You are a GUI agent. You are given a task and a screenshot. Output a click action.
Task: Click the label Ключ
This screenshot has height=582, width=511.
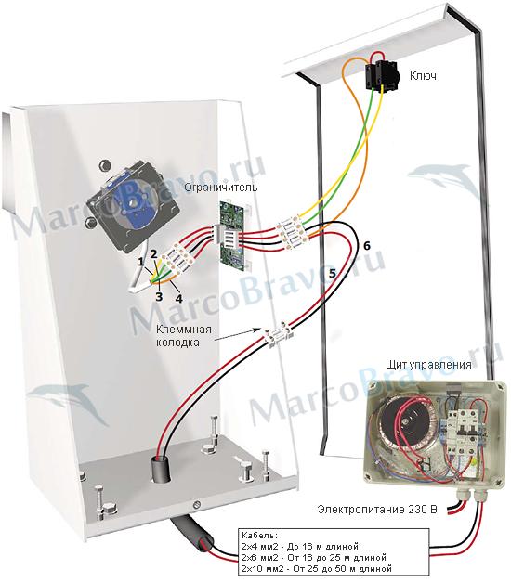tap(423, 76)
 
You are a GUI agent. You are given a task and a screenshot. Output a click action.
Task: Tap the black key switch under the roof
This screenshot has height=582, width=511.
tap(382, 74)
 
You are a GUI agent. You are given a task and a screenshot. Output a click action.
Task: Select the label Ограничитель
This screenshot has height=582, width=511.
tap(221, 188)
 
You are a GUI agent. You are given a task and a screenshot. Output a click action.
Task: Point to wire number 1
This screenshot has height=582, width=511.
tap(140, 263)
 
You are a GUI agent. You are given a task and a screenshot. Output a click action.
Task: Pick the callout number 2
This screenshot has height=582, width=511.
tap(153, 254)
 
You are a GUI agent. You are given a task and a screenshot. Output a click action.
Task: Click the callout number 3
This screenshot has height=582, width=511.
tap(159, 296)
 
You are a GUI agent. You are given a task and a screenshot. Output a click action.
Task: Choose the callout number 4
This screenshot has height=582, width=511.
tap(179, 298)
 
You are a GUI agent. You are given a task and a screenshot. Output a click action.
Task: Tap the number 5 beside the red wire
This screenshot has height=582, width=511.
tap(332, 274)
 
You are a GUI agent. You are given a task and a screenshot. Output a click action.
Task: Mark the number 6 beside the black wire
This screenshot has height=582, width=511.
tap(366, 246)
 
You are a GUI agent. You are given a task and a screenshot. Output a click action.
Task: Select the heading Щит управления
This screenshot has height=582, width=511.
tap(428, 365)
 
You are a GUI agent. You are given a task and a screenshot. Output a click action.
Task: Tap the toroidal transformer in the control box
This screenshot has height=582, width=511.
tap(405, 423)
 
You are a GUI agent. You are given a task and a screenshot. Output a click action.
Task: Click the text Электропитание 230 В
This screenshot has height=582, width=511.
tap(377, 510)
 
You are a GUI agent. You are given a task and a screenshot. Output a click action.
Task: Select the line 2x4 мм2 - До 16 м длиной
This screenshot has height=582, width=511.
tap(300, 547)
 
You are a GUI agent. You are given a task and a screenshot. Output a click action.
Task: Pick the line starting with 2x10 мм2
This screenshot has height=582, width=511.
tap(317, 568)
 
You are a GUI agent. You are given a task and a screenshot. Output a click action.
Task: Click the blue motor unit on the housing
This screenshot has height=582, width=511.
tap(133, 206)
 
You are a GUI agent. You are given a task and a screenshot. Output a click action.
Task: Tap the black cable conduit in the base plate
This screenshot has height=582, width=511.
tap(160, 470)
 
